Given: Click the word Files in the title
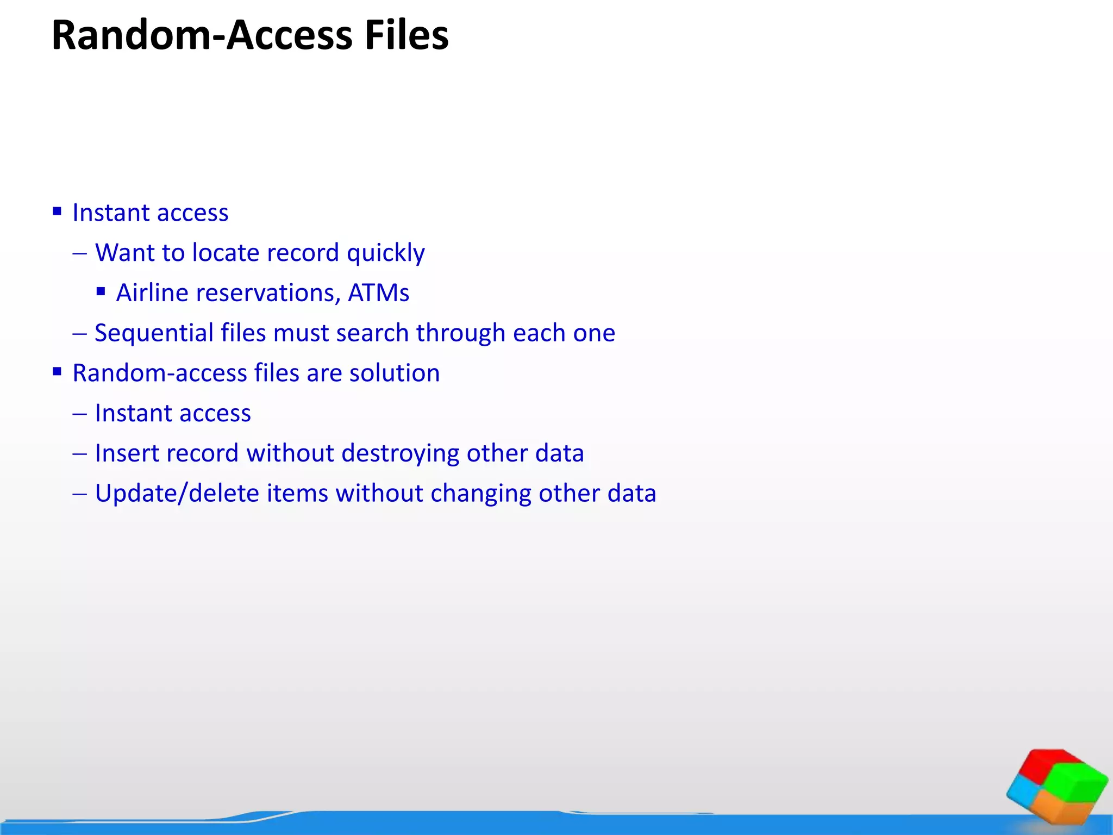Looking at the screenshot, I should click(x=407, y=35).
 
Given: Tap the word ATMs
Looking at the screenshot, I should click(x=378, y=293).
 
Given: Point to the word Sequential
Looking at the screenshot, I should click(x=154, y=333).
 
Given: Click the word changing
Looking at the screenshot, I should click(x=480, y=494).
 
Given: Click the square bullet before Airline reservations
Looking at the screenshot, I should click(x=101, y=292).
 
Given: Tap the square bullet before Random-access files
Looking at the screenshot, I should click(x=57, y=372).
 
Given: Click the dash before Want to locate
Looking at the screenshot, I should click(x=79, y=254).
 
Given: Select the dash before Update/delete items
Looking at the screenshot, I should click(x=79, y=494).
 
